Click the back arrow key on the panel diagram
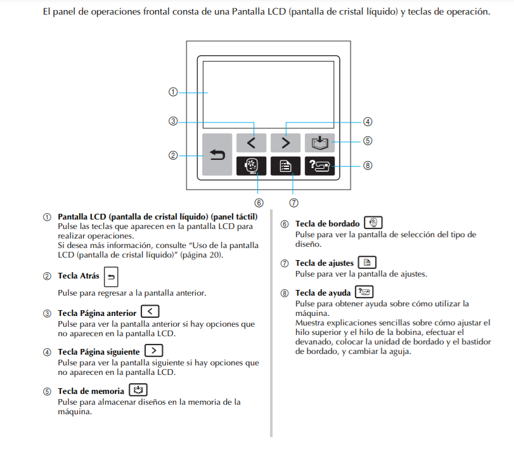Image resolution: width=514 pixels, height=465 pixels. [217, 154]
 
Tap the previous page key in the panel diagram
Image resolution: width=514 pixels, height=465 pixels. [251, 143]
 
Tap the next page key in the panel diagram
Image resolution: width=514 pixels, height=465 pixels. [285, 143]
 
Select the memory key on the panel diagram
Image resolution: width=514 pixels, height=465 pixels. [319, 143]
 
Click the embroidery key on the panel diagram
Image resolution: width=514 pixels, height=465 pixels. [251, 166]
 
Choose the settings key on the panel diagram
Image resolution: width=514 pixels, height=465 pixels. [285, 166]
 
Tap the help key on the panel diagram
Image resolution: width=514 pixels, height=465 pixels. [319, 166]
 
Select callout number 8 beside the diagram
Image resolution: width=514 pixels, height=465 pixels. [368, 166]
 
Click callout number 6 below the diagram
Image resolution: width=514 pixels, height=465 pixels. [259, 203]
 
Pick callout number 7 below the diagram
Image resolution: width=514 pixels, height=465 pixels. [293, 203]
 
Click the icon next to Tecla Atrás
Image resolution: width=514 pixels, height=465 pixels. [110, 276]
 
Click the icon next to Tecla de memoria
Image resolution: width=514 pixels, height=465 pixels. [138, 391]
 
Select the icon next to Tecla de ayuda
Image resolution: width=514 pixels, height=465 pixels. [364, 292]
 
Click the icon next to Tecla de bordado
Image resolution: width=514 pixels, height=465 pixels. [373, 223]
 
